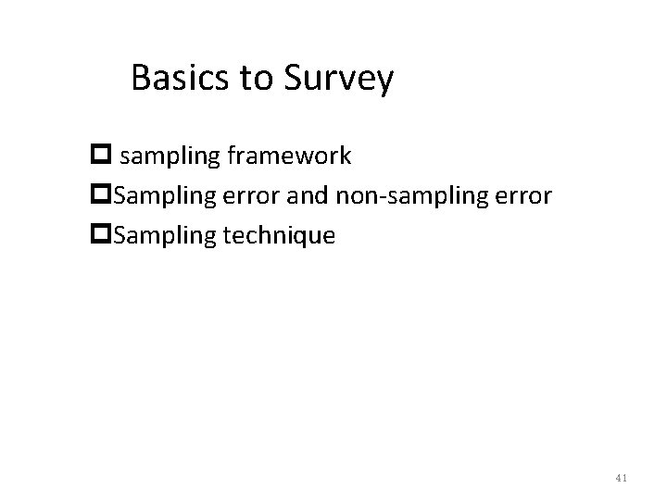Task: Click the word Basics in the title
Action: [x=181, y=78]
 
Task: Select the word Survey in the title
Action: [x=337, y=80]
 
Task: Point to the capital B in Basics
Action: [x=141, y=78]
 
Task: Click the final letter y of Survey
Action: [x=385, y=83]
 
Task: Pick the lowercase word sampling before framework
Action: [x=189, y=156]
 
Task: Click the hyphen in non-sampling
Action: [x=364, y=197]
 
